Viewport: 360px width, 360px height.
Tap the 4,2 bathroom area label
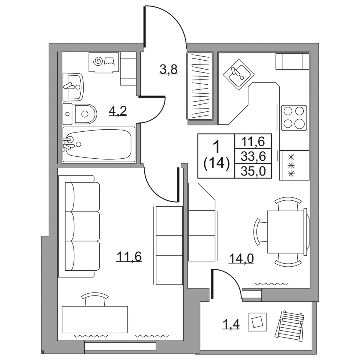[118, 111]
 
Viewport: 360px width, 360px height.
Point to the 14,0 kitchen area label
[241, 258]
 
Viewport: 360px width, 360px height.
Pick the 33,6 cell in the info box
[253, 156]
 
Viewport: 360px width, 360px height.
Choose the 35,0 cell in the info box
[253, 171]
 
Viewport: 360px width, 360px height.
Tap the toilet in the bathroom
[80, 114]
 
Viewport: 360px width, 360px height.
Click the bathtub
[99, 144]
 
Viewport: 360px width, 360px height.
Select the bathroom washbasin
[73, 87]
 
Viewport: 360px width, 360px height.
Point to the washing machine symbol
[104, 62]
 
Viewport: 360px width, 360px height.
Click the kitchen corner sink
[238, 74]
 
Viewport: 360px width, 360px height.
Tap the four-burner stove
[294, 118]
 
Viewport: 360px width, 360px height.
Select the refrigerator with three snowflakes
[294, 165]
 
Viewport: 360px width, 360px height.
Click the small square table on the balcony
[257, 322]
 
